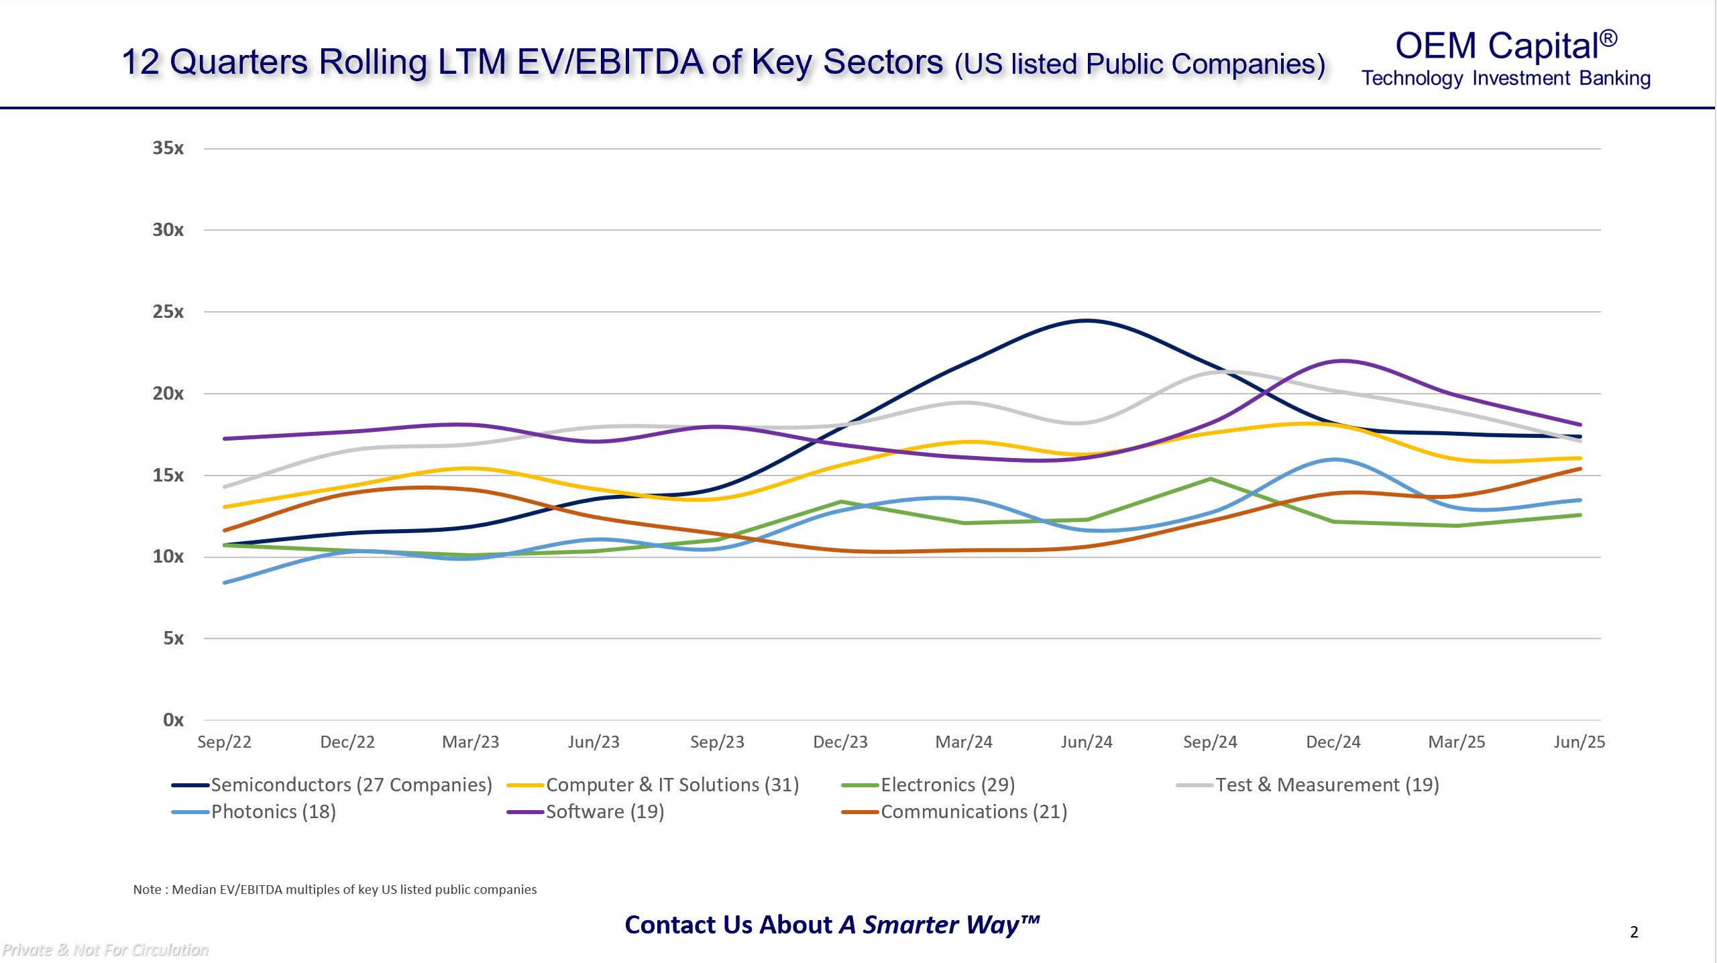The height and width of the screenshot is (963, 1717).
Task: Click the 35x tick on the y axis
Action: [168, 148]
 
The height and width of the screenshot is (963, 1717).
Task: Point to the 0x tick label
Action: [173, 720]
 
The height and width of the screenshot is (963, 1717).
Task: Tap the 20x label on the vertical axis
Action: [168, 394]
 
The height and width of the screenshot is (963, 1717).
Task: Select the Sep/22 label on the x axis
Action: [224, 742]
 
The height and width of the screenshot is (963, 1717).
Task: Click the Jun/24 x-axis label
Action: [1087, 742]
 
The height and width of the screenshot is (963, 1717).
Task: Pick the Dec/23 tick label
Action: [840, 742]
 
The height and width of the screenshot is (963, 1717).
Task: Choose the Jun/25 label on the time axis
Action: [1580, 742]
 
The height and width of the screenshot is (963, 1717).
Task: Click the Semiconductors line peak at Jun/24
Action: [1087, 321]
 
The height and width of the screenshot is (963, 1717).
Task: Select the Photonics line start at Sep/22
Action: [225, 583]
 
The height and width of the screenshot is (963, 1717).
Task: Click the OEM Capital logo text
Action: [1506, 47]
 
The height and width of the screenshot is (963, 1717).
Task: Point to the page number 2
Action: [1634, 932]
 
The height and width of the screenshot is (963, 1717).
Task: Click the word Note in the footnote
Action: [147, 890]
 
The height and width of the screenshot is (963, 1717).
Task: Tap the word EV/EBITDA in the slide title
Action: [610, 62]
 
